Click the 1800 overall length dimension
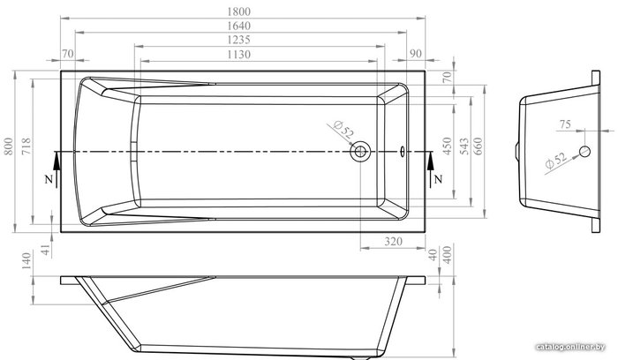click(x=239, y=11)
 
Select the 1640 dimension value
click(x=239, y=26)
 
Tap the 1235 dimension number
click(x=239, y=40)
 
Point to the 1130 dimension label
click(x=239, y=54)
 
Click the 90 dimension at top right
click(x=416, y=54)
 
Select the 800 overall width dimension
click(x=9, y=146)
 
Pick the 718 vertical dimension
click(x=26, y=146)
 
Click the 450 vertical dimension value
click(x=447, y=146)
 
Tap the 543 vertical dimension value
click(x=464, y=146)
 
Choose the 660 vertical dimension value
click(x=478, y=146)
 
